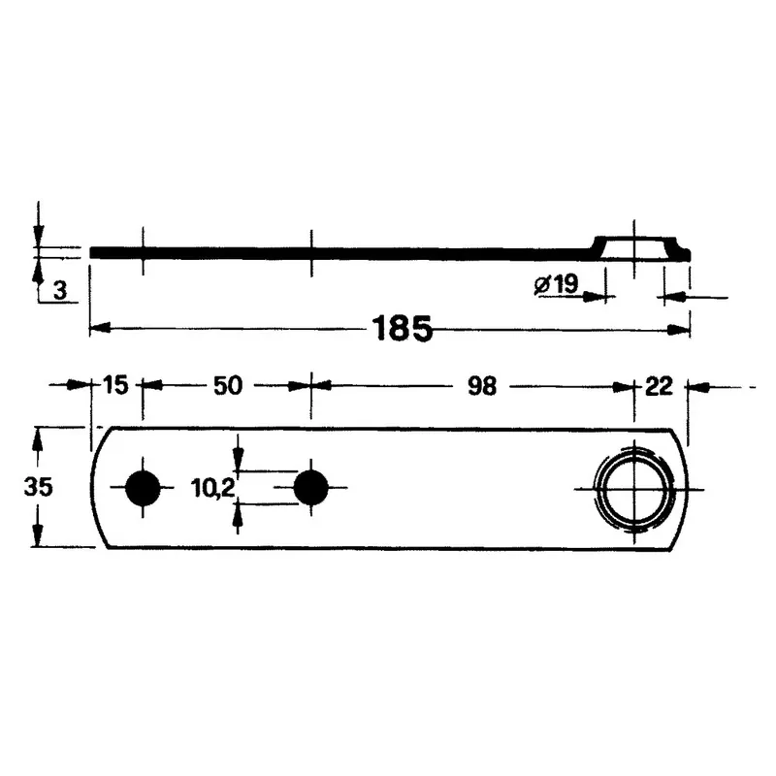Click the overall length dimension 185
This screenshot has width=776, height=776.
pos(402,328)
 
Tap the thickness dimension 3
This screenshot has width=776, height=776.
pos(60,290)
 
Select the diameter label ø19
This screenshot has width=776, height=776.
pos(556,284)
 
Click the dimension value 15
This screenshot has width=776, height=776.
pos(114,384)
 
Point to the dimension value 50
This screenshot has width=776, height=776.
pos(228,385)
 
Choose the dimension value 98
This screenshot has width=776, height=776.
pos(482,386)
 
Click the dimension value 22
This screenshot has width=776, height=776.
pos(659,386)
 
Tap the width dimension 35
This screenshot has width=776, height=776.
pos(38,487)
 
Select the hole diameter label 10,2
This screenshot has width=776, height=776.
pos(212,489)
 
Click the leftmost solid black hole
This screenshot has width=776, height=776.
pos(143,488)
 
